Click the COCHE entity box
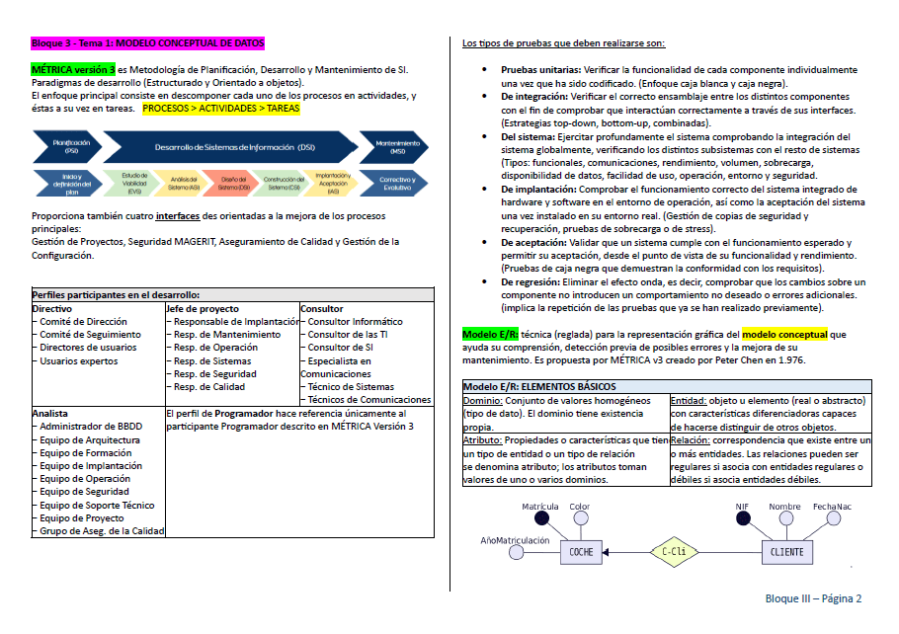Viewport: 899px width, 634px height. click(x=582, y=552)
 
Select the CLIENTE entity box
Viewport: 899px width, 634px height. click(x=786, y=552)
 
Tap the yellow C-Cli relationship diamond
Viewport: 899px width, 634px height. click(x=674, y=552)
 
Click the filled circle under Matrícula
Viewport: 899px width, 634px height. click(x=540, y=516)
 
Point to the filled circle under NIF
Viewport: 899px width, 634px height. click(x=743, y=516)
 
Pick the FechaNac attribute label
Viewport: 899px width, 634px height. click(x=832, y=507)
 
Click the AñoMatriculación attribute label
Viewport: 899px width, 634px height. click(x=515, y=540)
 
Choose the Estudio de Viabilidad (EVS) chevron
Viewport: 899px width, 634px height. click(x=135, y=182)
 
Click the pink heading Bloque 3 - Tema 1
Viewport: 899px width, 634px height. click(x=148, y=43)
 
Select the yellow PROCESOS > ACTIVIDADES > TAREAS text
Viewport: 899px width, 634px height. click(x=220, y=109)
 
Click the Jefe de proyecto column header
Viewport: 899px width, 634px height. click(x=203, y=308)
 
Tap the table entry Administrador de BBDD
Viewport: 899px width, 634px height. click(x=92, y=426)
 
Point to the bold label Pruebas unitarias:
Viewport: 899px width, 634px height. click(x=540, y=71)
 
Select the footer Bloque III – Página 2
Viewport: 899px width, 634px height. click(x=813, y=598)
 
